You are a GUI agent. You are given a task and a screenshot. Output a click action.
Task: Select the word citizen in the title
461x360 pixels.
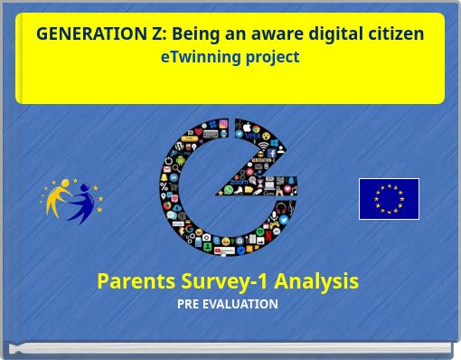(x=390, y=34)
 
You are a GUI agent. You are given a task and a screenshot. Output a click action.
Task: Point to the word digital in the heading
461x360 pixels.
(x=330, y=34)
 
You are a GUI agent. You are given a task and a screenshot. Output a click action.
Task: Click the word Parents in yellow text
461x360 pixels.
(x=134, y=280)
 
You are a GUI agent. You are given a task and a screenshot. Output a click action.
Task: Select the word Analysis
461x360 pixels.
(x=316, y=280)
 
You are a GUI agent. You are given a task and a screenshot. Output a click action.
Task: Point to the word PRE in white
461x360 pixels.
(x=188, y=304)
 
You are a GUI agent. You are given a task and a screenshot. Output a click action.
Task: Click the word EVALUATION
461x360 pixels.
(x=240, y=304)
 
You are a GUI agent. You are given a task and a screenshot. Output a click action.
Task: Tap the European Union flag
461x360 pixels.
(x=389, y=199)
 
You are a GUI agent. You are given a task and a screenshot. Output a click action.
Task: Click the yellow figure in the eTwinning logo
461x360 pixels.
(x=59, y=197)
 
